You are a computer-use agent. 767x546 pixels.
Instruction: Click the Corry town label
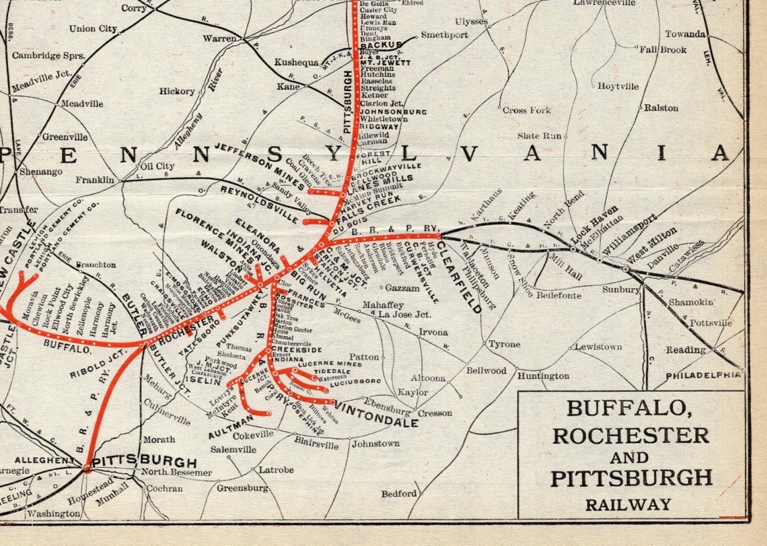pos(135,9)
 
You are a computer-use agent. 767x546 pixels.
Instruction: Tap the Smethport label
pos(445,35)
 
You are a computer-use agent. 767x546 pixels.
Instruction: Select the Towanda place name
pos(685,34)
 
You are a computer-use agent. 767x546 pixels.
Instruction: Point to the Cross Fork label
pos(526,110)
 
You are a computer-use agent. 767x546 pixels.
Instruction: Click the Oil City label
pos(157,166)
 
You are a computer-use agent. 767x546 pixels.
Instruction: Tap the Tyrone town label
pos(504,344)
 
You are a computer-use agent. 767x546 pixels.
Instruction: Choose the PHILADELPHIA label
pos(703,375)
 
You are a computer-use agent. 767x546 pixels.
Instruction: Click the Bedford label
pos(399,493)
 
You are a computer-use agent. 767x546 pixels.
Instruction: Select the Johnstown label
pos(375,444)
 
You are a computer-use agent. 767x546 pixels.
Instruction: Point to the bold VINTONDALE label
pos(376,415)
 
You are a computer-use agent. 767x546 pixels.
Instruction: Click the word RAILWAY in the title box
pos(628,504)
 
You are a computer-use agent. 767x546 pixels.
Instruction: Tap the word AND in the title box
pos(630,458)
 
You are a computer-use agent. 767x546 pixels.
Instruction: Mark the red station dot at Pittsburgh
pos(87,466)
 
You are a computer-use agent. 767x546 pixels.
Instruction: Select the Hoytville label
pos(618,86)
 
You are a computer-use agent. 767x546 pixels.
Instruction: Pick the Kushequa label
pos(296,63)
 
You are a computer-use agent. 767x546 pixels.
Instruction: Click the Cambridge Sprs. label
pos(48,55)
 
